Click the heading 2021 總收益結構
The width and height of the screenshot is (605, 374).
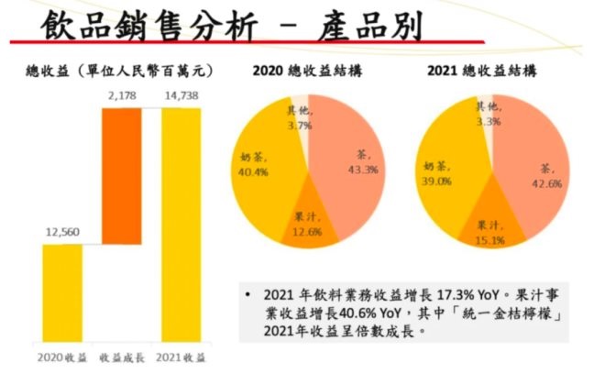click(x=492, y=70)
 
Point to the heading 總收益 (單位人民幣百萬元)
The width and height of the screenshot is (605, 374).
click(x=119, y=70)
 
